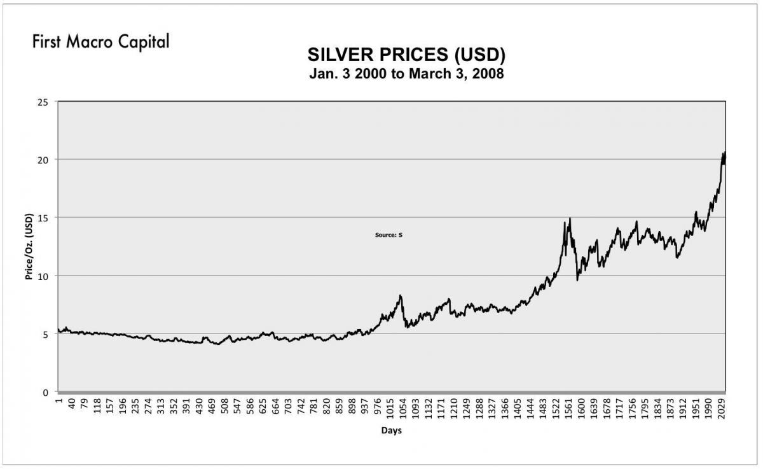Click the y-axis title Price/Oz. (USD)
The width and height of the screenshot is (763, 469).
(x=29, y=246)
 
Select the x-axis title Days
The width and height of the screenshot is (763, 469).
(x=391, y=431)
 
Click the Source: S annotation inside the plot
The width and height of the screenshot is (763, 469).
(x=388, y=235)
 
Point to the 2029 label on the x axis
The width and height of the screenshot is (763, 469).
(x=722, y=408)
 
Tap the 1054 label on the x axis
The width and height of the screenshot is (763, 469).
(x=402, y=408)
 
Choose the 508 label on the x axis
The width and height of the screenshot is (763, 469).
(x=224, y=407)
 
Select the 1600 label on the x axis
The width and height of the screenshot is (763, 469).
(x=581, y=408)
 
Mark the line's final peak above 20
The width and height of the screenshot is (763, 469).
(x=724, y=153)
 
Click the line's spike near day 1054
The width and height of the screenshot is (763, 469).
(x=401, y=295)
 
